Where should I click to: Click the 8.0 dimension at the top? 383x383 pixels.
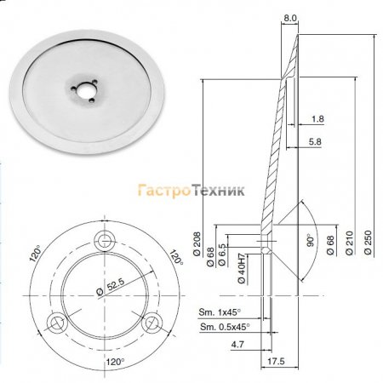289,18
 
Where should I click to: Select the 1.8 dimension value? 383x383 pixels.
317,119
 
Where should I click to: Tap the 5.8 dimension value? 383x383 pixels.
315,141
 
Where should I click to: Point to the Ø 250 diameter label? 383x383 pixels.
368,243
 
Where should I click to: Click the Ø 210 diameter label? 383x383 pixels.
349,243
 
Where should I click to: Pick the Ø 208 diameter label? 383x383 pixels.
197,243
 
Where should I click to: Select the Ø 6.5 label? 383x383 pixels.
222,254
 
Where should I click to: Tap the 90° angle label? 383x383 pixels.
311,240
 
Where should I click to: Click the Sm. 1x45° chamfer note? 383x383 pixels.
220,312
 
